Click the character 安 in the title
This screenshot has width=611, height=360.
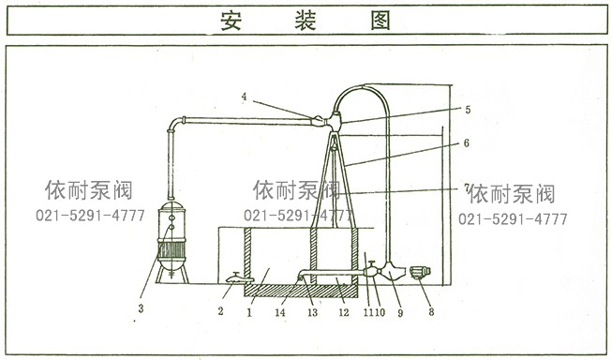click(233, 22)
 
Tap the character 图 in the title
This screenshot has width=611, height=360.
click(380, 22)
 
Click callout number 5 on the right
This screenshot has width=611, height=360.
click(467, 109)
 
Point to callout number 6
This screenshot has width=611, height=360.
click(466, 144)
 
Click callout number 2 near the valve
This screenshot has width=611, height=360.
click(222, 310)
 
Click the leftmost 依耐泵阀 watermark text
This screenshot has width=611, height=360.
click(88, 192)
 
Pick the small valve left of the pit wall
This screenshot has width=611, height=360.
click(232, 277)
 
